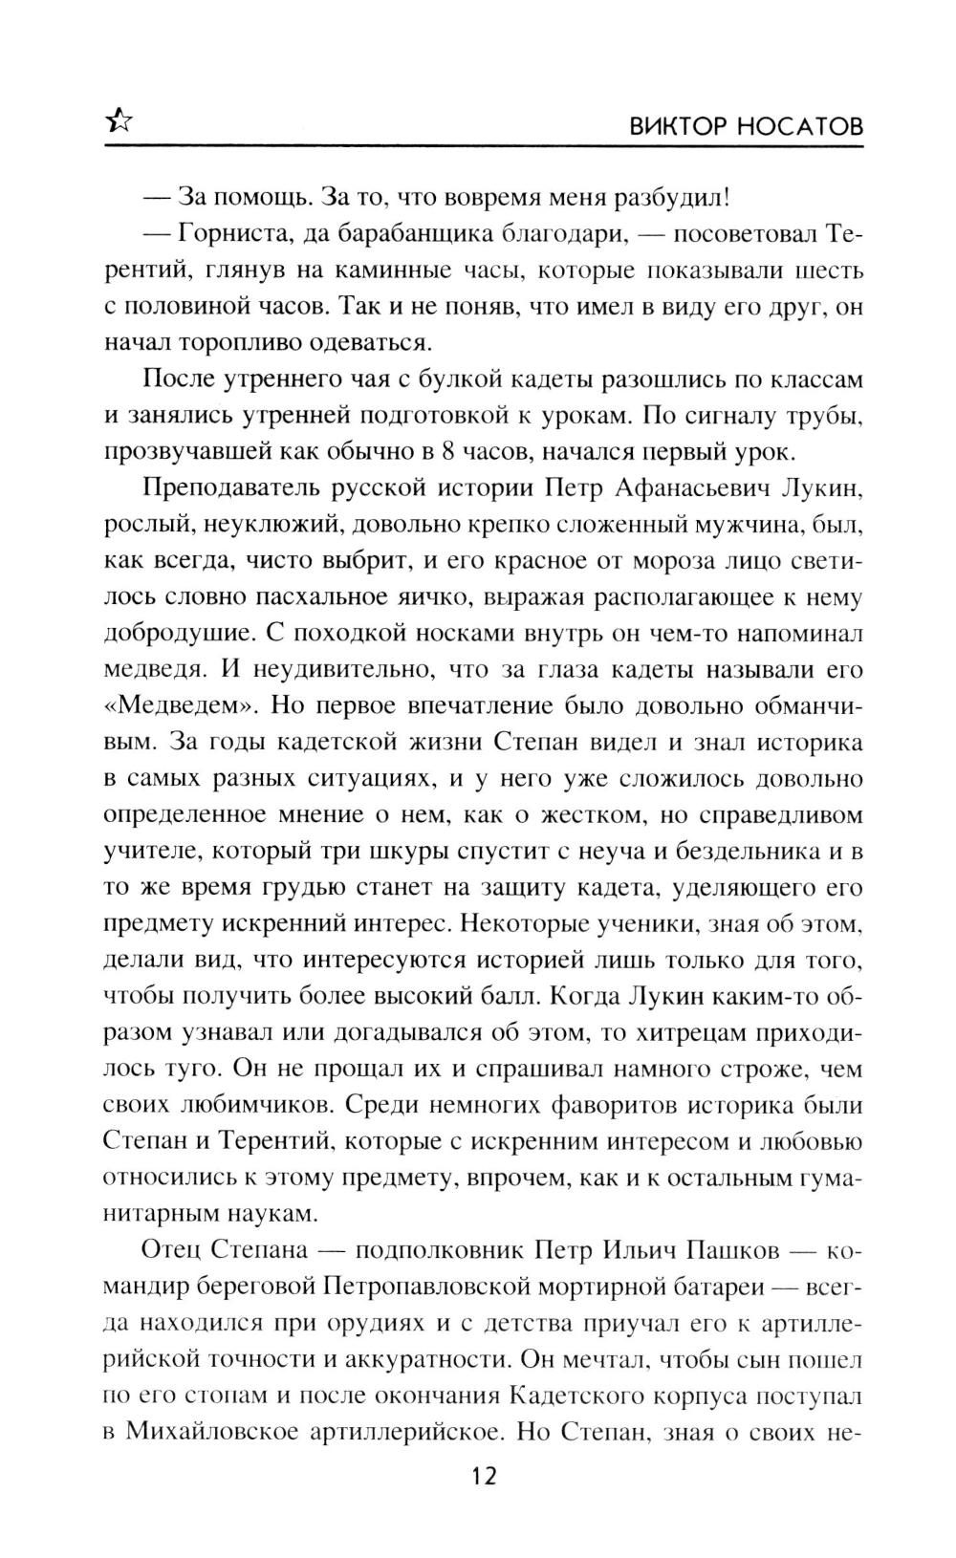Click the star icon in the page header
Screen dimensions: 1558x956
coord(119,120)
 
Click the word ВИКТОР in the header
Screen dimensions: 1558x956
coord(676,127)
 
